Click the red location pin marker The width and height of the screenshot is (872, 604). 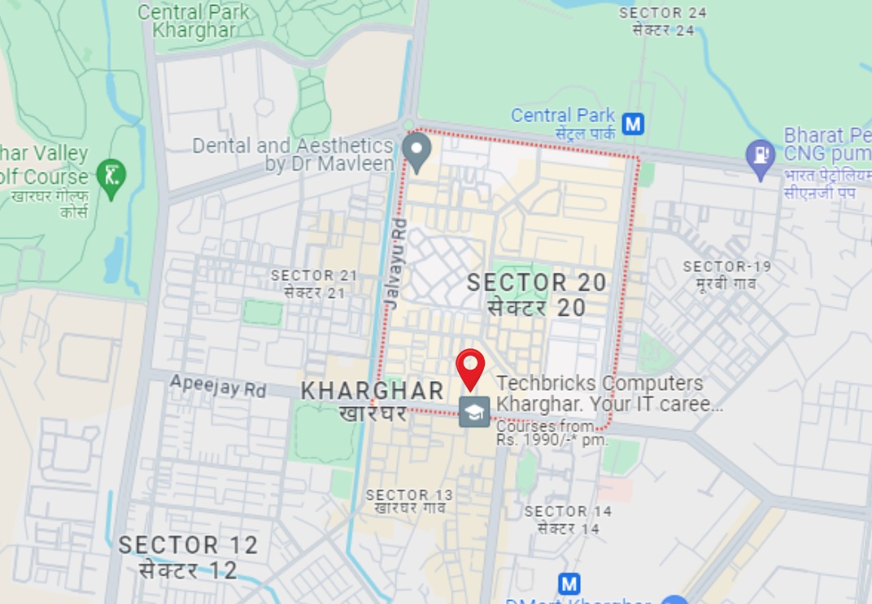coord(470,368)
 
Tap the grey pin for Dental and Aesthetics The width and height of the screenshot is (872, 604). coord(417,151)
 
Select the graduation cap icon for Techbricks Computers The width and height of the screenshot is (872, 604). coord(474,412)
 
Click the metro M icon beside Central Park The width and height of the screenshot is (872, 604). coord(633,124)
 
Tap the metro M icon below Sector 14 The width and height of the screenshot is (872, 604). coord(569,584)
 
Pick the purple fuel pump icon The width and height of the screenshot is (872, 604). coord(761,156)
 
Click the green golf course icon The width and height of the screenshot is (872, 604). coord(111,174)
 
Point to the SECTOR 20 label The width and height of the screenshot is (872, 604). coord(537,283)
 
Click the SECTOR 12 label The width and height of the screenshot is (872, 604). coord(188,545)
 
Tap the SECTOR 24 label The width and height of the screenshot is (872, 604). coord(663,13)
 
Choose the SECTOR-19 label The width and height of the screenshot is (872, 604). coord(726,267)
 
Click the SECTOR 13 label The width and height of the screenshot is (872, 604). coord(409,495)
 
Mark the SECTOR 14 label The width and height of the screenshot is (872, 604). coord(568,512)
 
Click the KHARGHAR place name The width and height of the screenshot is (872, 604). coord(373,392)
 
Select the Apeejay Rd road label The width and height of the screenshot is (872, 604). coord(218,386)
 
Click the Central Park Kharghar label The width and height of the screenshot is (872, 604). coord(194,21)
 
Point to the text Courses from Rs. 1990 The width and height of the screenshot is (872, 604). coord(552,433)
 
